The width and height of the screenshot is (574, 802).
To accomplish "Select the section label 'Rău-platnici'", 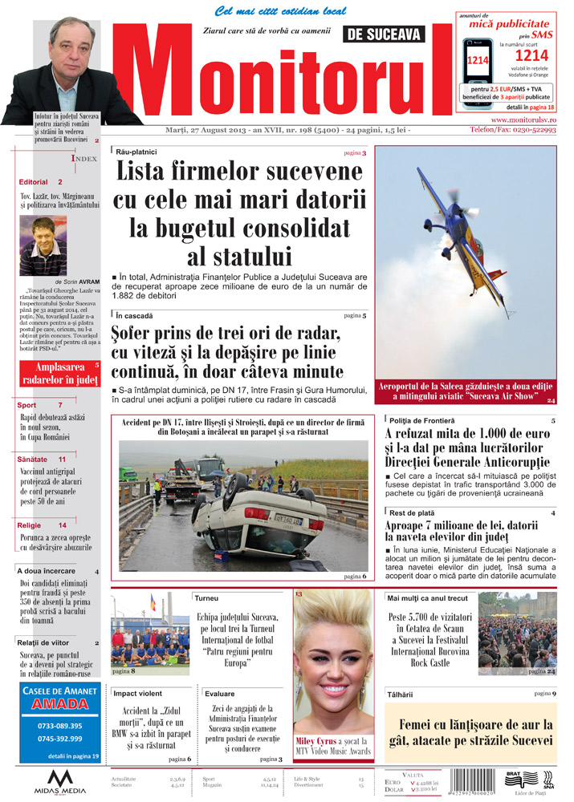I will tap(136, 152).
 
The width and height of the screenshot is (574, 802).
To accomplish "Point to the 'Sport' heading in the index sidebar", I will tap(26, 406).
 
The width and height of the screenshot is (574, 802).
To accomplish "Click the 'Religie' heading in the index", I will tap(29, 525).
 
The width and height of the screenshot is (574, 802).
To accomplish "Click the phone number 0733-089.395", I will tap(59, 727).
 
